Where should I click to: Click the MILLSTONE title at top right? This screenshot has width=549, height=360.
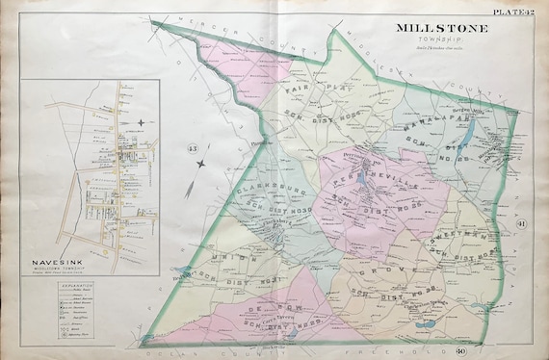pos(442,28)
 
